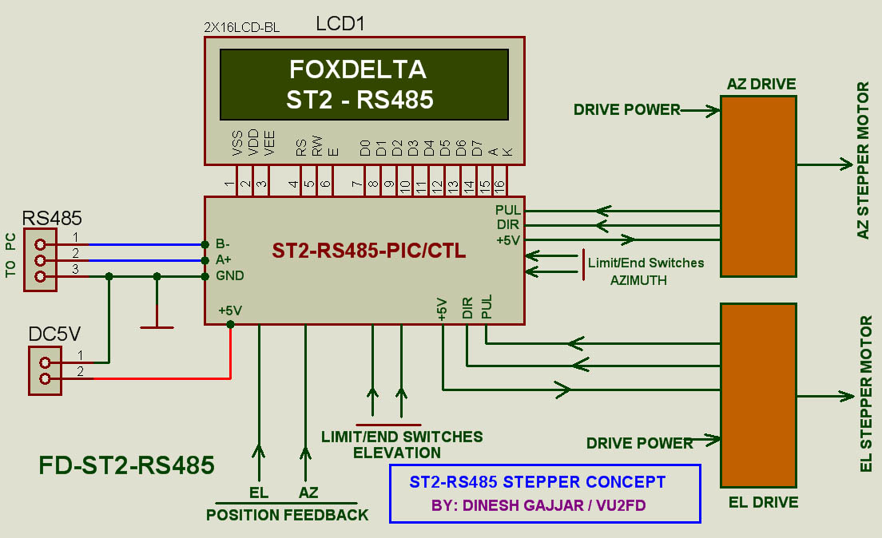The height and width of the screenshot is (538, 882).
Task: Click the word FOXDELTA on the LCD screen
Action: tap(357, 70)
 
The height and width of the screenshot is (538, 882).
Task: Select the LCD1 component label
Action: tap(340, 24)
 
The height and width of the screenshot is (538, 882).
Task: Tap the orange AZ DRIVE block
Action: tap(758, 186)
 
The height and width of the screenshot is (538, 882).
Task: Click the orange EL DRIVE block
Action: tap(758, 394)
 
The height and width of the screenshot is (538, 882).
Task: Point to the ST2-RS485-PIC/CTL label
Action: tap(369, 251)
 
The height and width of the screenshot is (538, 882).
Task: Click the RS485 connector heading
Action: tap(52, 218)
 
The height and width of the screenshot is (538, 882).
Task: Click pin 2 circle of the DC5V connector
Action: tap(45, 379)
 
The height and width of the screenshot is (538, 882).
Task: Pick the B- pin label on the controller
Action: tap(224, 244)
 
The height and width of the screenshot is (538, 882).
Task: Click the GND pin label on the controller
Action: tap(229, 276)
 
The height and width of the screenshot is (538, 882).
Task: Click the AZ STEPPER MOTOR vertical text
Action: tap(864, 160)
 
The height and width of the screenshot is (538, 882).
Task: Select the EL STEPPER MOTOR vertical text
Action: tap(865, 394)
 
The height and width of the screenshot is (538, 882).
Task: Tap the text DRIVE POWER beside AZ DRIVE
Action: tap(626, 109)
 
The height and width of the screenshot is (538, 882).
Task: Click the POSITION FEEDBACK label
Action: tap(288, 515)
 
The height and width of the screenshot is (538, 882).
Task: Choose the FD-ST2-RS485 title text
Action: tap(127, 465)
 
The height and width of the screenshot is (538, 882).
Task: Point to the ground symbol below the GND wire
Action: tap(157, 326)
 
